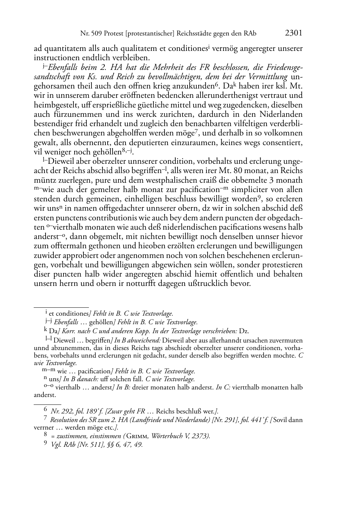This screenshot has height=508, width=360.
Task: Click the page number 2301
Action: (293, 33)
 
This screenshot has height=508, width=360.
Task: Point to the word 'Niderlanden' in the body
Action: (282, 114)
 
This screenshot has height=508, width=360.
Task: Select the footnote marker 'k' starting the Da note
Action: (45, 330)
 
